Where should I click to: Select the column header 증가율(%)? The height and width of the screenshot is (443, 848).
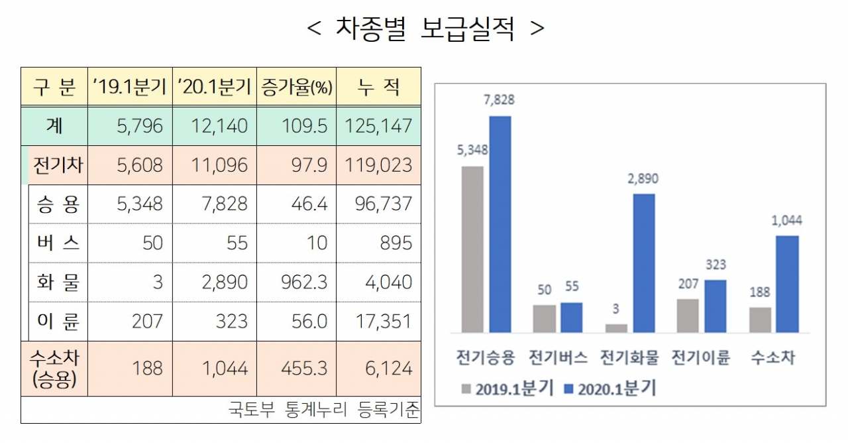(297, 87)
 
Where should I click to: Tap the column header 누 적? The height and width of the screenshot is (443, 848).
(378, 87)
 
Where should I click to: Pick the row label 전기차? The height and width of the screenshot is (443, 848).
(58, 165)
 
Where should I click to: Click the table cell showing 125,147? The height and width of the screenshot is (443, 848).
(378, 126)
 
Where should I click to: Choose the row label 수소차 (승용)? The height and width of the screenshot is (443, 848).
(55, 368)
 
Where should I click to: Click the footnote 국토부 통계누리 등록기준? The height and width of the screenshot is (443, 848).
(324, 410)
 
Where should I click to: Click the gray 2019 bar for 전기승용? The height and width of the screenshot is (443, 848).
(472, 249)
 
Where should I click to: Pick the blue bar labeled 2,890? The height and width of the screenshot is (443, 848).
(643, 263)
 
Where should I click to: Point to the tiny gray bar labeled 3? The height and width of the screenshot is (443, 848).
(616, 328)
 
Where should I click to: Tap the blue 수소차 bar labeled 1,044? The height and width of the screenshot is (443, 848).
(787, 284)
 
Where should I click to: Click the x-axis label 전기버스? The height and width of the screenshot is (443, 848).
(558, 358)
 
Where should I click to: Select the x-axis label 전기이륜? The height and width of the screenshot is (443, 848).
(700, 358)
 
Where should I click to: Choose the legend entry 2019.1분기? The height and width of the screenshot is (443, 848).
(507, 389)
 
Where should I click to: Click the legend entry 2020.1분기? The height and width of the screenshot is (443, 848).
(609, 389)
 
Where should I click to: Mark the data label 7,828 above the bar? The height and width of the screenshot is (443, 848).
(500, 100)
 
